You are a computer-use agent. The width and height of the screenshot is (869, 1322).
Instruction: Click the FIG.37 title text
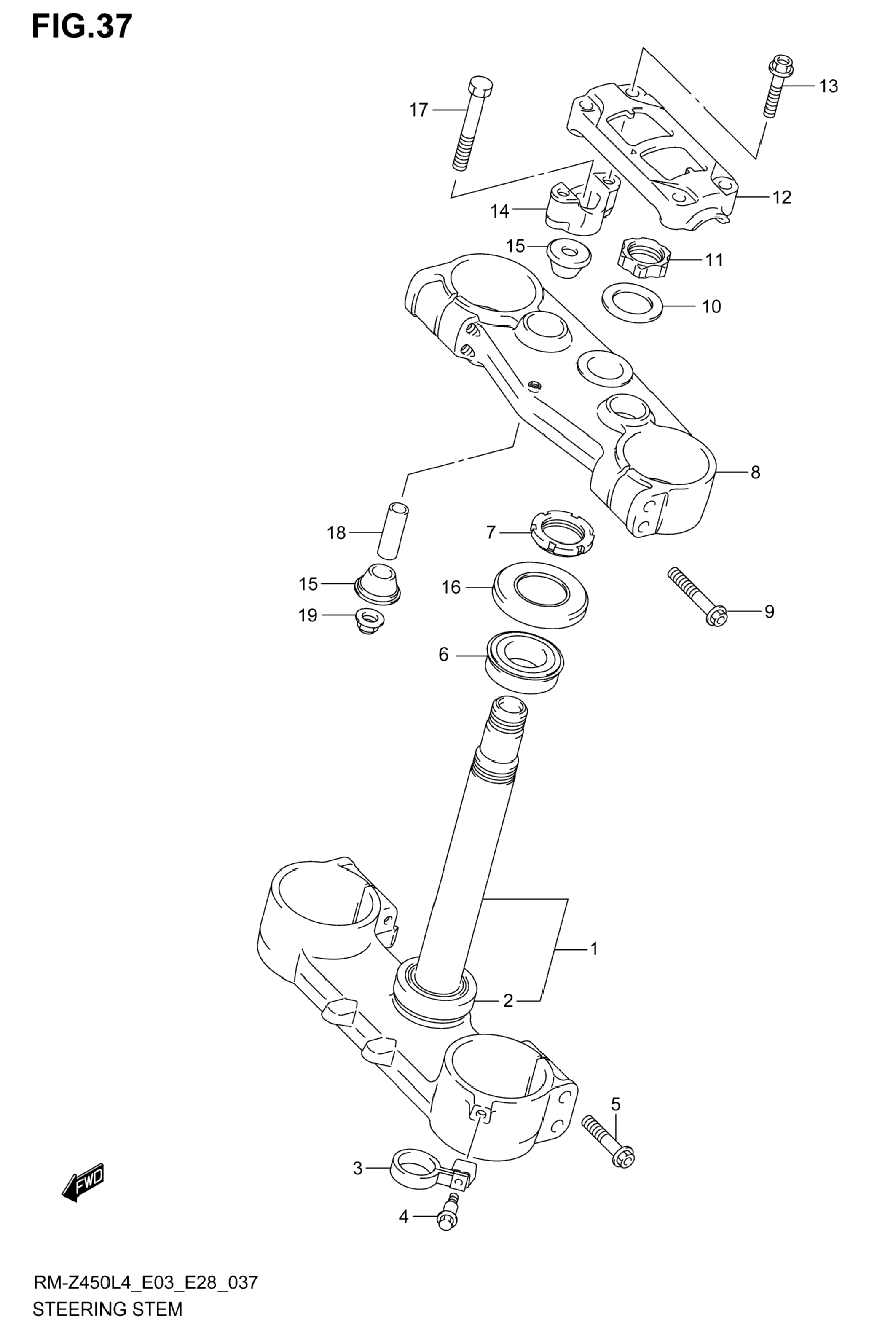pyautogui.click(x=82, y=26)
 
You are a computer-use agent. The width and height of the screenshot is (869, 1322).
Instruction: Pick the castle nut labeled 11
pyautogui.click(x=644, y=257)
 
